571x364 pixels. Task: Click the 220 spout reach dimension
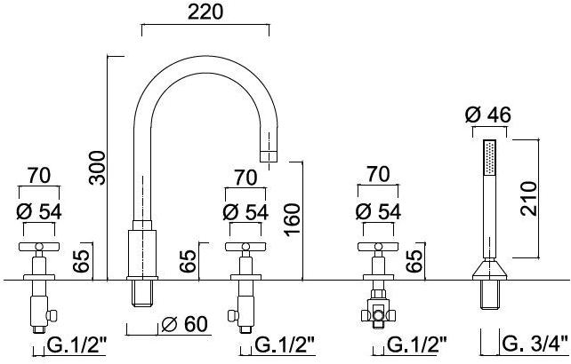click(205, 12)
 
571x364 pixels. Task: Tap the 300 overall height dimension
click(98, 168)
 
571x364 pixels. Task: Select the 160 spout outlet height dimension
click(293, 219)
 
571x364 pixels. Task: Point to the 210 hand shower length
click(529, 199)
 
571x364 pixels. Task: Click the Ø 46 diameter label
click(488, 115)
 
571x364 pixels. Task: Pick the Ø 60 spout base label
click(184, 324)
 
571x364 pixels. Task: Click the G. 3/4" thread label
click(535, 344)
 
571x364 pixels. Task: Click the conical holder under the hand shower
click(490, 270)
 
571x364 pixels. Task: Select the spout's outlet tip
click(269, 156)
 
